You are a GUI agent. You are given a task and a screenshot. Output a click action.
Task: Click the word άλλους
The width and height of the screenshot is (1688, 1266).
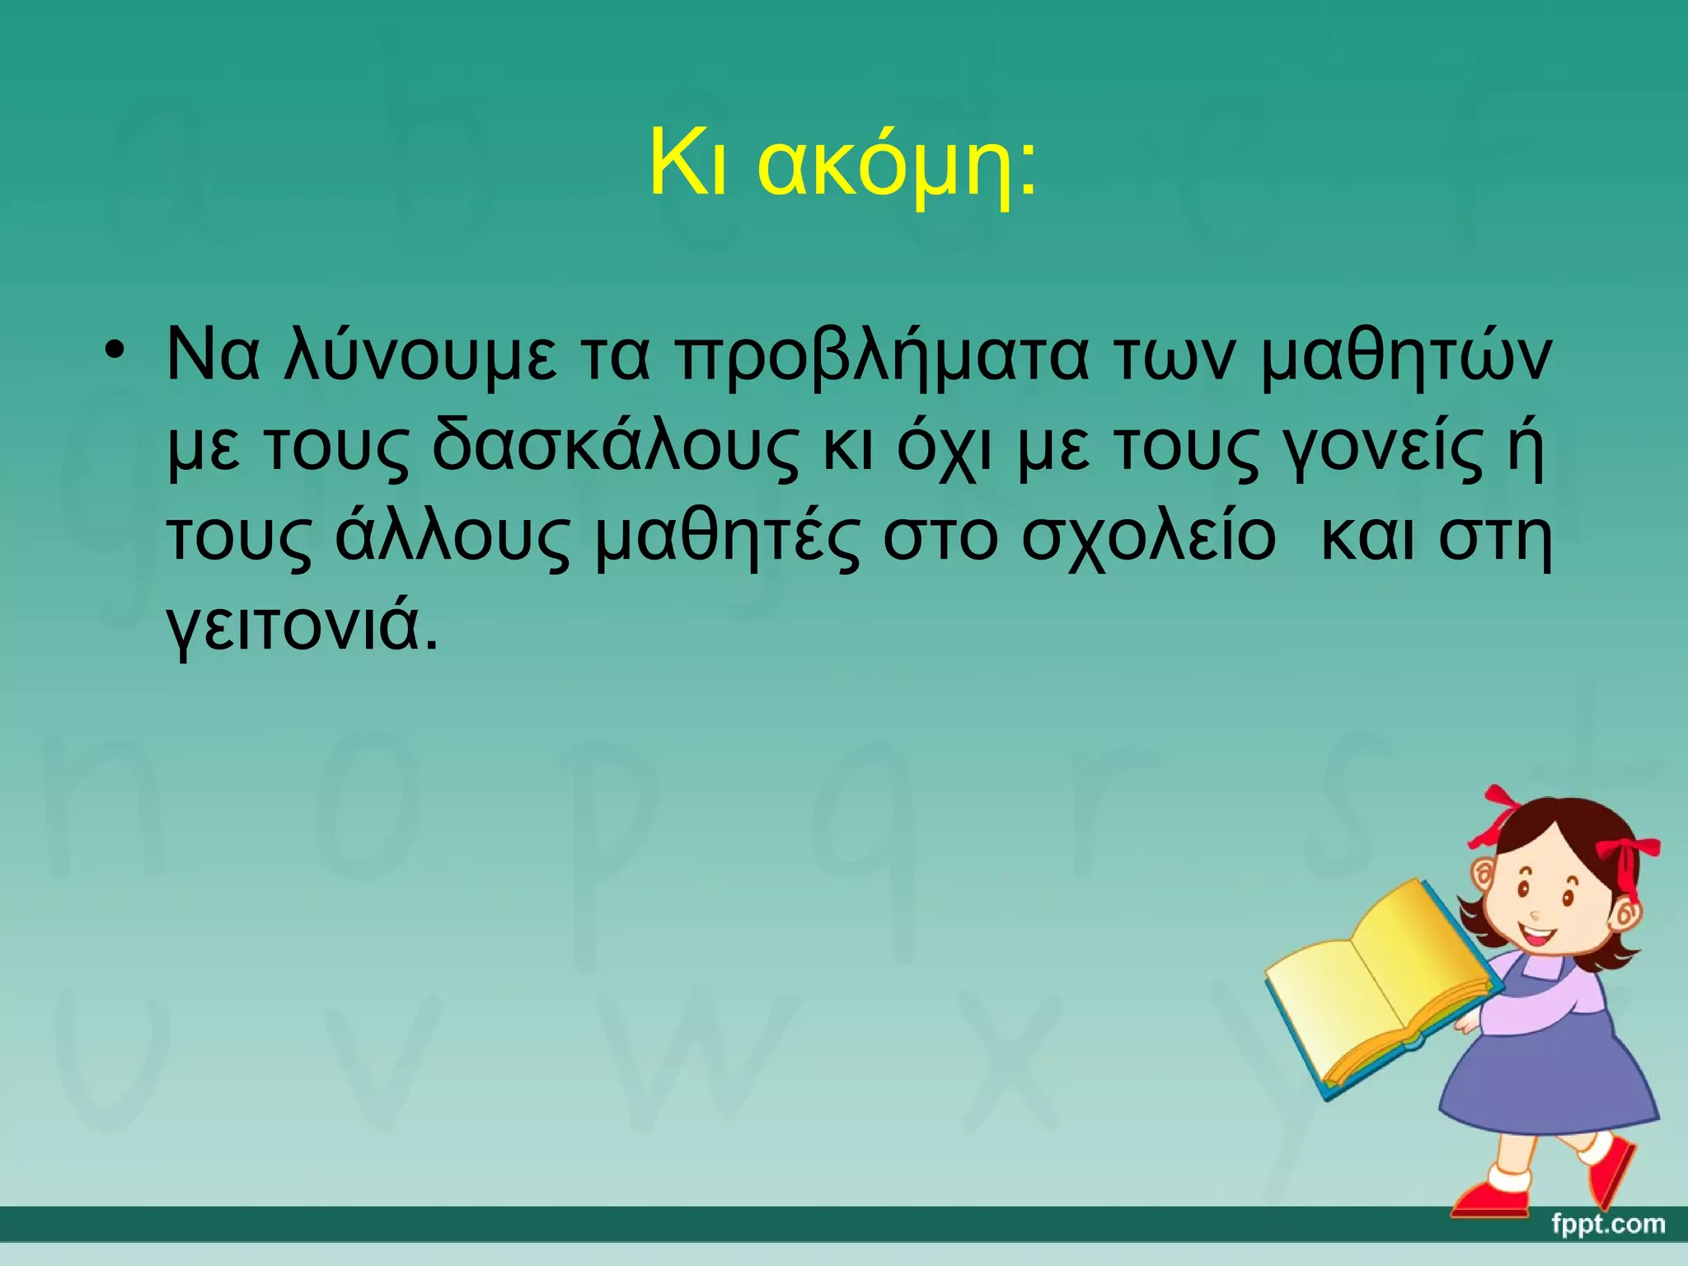click(452, 537)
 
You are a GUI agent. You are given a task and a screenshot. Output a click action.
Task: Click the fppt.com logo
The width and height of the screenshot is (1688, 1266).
click(1607, 1223)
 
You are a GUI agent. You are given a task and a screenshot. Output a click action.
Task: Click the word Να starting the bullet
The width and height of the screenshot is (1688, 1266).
click(212, 356)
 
